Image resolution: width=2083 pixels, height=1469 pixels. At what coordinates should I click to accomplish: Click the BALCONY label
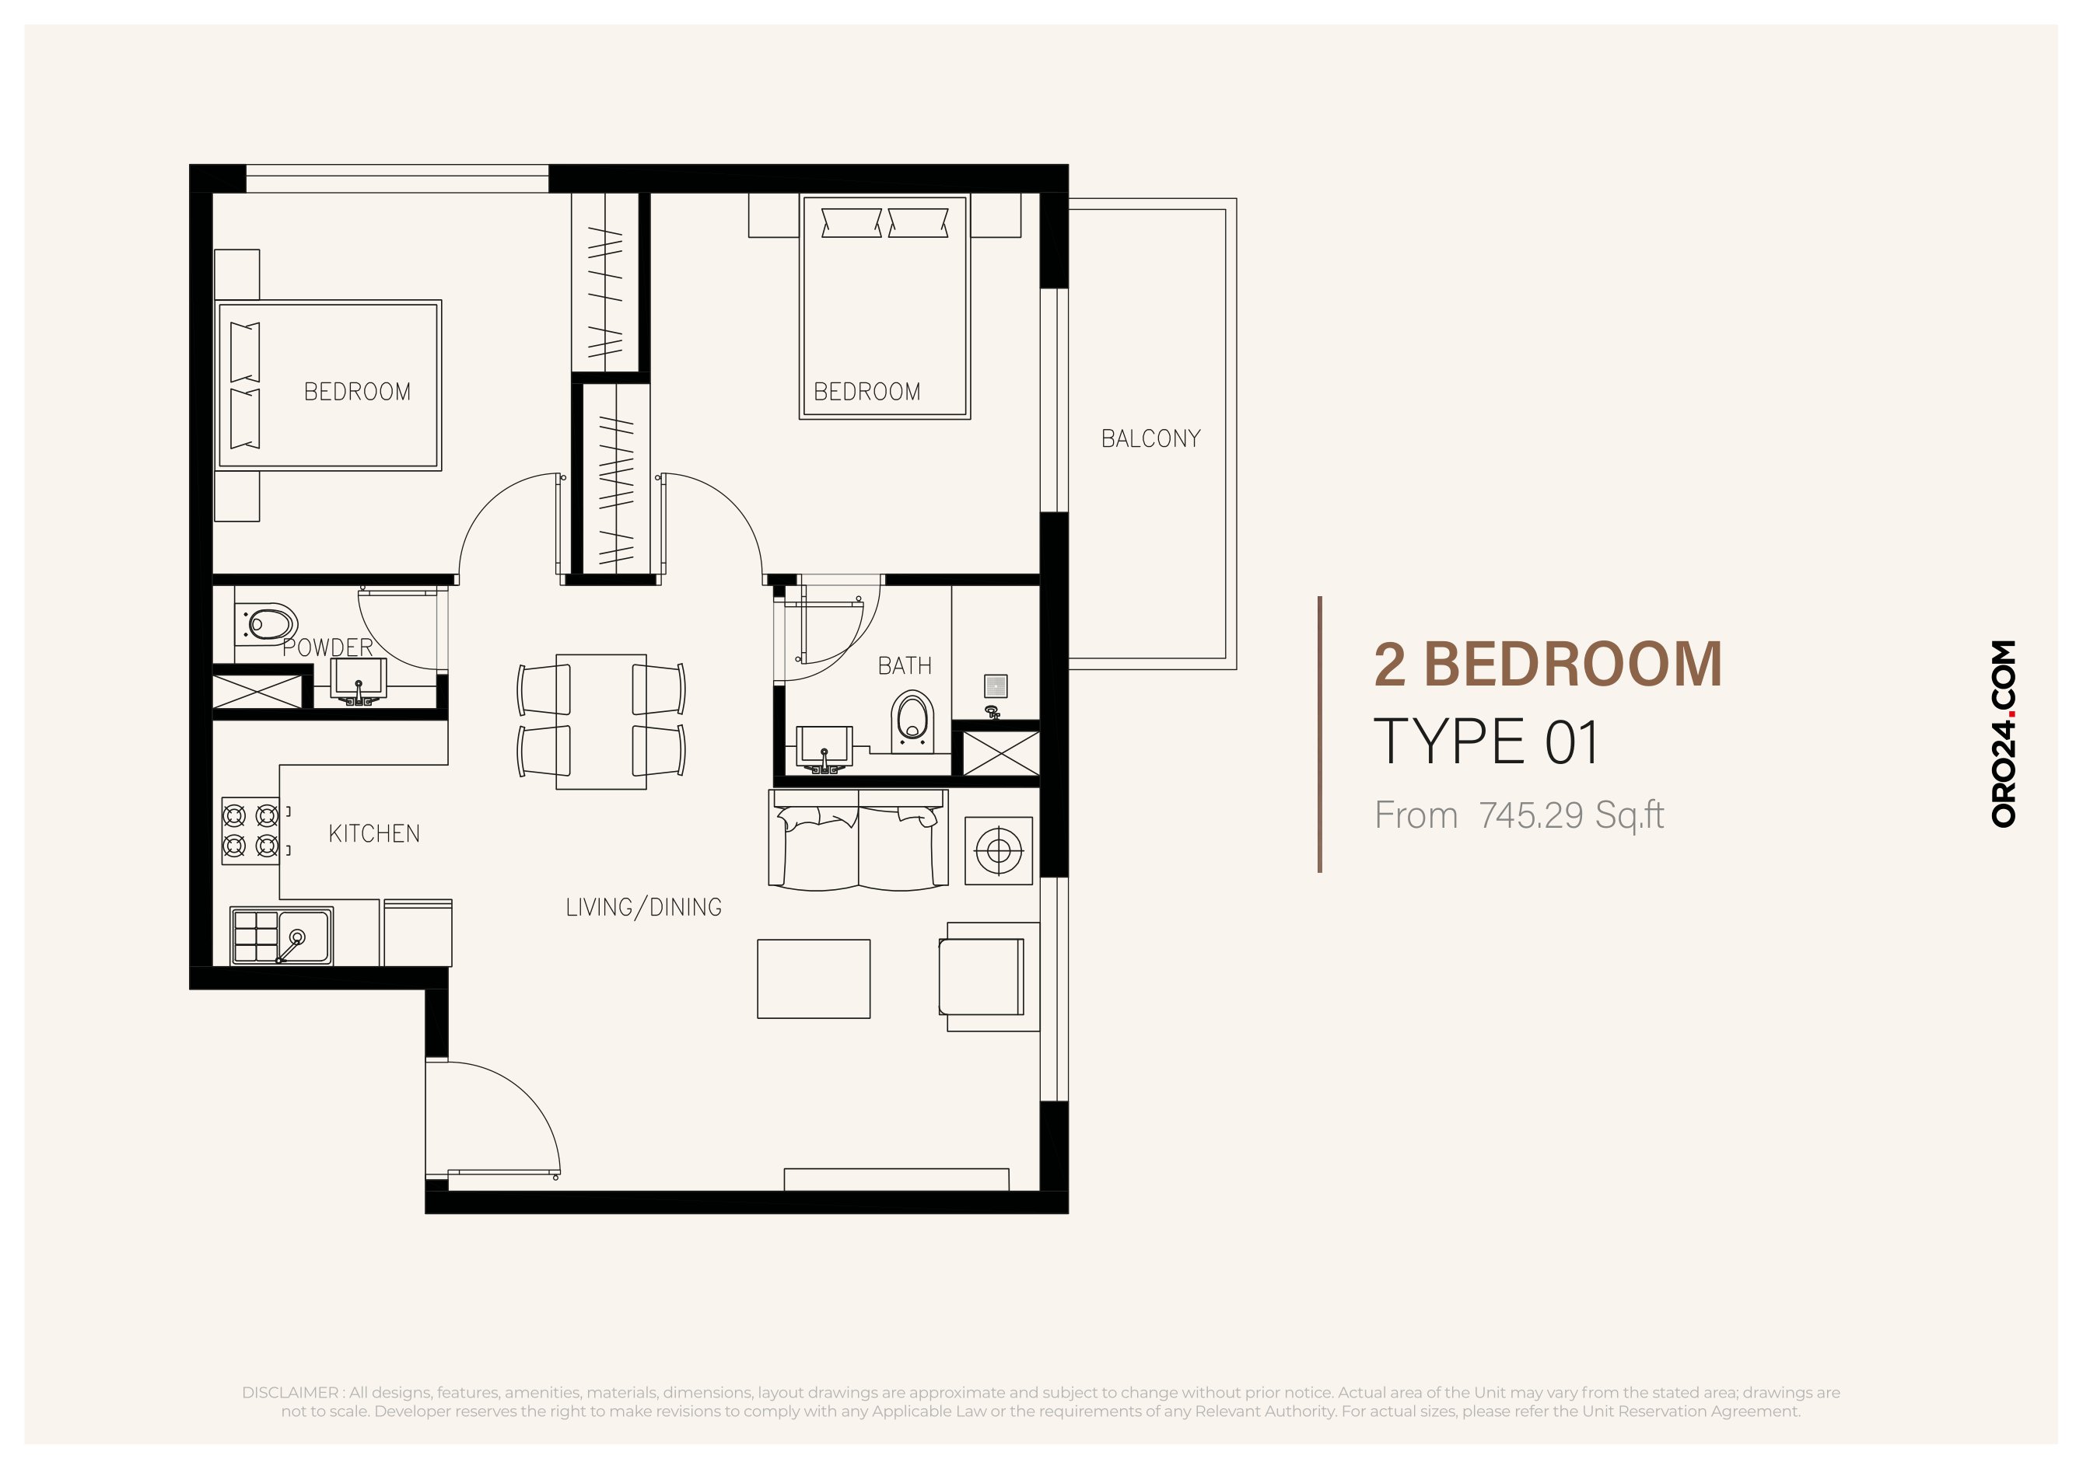1150,439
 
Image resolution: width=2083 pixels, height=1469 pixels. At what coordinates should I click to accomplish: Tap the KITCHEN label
374,833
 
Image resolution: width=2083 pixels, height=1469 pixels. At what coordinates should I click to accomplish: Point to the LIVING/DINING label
643,907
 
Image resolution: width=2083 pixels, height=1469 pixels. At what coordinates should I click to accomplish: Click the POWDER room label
327,647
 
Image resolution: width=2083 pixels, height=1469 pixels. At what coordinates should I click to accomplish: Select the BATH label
905,665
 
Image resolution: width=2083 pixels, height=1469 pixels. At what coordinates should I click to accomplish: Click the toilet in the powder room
267,624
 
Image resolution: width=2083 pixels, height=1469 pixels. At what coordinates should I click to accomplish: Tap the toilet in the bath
912,722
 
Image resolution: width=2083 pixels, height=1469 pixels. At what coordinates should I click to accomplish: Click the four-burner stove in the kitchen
250,831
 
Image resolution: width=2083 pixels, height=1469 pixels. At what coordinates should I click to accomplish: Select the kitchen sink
282,935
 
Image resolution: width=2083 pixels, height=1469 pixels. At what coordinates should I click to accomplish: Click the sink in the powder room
359,681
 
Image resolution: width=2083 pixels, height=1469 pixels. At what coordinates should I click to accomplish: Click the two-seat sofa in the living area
858,839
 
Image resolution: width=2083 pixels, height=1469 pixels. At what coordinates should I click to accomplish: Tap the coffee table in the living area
814,979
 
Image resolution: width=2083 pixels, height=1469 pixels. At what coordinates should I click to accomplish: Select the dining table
601,722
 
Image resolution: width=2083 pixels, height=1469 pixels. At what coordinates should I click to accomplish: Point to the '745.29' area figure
1532,815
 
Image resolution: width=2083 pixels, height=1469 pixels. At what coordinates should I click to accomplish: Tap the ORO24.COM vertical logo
2003,734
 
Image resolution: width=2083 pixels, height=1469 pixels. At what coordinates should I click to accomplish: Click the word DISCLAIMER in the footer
289,1392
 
